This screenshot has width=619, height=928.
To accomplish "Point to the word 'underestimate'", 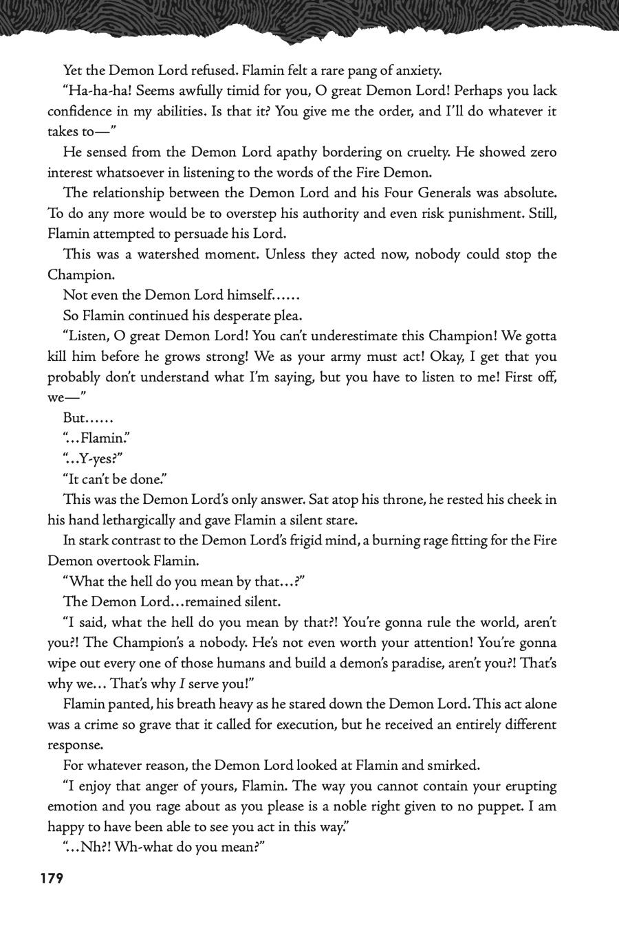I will click(350, 336).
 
